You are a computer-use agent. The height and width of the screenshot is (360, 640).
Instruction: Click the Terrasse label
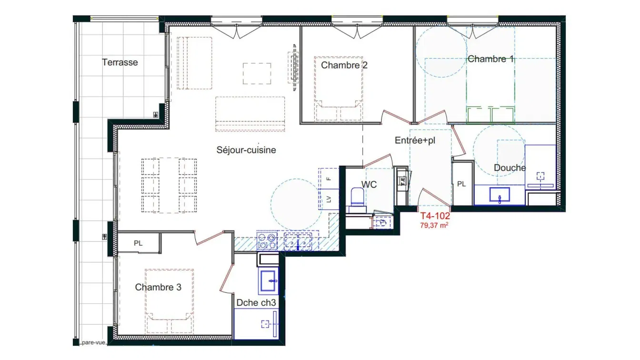coord(120,62)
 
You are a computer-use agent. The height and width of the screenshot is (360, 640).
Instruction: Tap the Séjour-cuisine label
coord(246,150)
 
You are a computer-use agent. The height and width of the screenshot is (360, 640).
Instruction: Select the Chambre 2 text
coord(344,65)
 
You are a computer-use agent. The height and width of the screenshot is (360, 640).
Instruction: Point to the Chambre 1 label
coord(490,59)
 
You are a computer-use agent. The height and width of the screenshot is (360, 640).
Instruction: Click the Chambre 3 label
coord(158,287)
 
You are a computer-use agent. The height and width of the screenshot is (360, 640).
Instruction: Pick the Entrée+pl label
coord(415,140)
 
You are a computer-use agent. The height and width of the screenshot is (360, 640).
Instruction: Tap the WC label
coord(369,185)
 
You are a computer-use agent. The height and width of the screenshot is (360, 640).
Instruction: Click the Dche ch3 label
coord(256,303)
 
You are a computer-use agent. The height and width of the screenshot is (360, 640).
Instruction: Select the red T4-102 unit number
coord(435,216)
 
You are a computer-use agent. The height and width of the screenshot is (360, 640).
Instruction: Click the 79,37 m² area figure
coord(434,225)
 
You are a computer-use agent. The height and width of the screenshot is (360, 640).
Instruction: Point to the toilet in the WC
coord(357,197)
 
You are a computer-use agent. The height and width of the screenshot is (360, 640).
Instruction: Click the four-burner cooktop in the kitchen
coord(267,241)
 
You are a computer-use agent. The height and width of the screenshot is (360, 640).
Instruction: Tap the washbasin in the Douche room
coord(500,195)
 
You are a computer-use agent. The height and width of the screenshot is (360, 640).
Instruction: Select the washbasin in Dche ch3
coord(268,281)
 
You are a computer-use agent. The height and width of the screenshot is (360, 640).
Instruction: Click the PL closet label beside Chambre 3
coord(138,243)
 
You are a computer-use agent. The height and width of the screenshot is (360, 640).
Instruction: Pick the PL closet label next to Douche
coord(461,184)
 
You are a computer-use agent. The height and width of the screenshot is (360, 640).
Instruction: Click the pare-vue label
coord(93,342)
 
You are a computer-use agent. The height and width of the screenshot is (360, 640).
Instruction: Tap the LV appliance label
coord(329,200)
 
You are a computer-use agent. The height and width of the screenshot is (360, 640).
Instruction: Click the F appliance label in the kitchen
coord(329,179)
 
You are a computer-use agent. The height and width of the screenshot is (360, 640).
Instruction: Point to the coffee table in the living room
coord(257,74)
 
